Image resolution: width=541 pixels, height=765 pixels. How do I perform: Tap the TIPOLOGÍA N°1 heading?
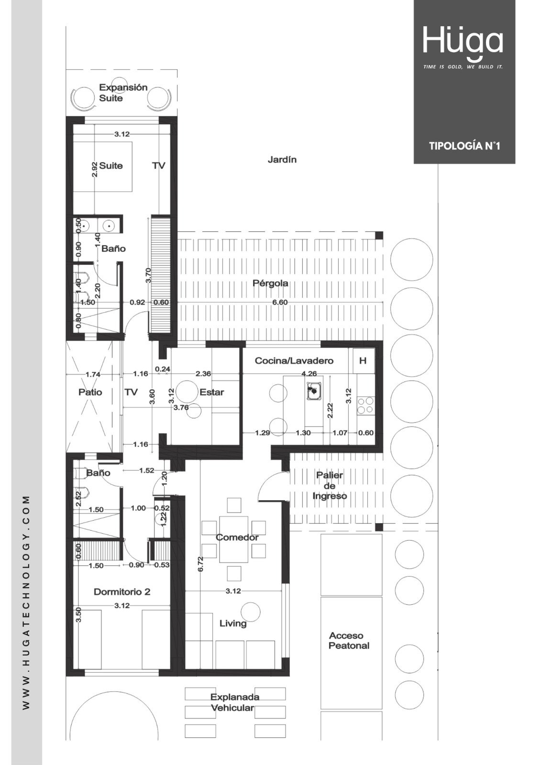click(464, 146)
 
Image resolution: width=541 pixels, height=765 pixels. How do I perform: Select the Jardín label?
click(282, 160)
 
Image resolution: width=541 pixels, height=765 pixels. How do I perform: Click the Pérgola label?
click(270, 284)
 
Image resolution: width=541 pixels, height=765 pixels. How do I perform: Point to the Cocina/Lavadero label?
click(294, 361)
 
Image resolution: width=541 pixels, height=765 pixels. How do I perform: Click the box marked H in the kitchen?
click(363, 361)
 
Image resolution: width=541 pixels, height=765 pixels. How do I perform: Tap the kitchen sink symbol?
click(314, 392)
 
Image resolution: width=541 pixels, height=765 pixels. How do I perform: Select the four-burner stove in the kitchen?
click(365, 405)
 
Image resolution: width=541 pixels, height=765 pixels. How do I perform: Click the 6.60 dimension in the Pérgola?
click(280, 302)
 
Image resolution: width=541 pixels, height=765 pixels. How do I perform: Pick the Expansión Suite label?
click(123, 93)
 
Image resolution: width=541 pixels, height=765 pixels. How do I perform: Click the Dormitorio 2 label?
click(122, 592)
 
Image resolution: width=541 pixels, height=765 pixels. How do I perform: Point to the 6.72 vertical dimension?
click(200, 564)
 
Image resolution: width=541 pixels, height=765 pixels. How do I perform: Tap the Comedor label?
click(237, 537)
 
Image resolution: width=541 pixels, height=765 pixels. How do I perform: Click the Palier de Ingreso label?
click(330, 485)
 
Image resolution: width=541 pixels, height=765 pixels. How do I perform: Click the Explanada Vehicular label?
click(234, 702)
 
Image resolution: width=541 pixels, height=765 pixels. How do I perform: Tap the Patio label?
click(90, 392)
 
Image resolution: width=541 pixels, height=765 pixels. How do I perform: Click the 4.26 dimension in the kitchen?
click(309, 373)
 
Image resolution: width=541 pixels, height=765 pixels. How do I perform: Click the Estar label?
click(212, 392)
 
